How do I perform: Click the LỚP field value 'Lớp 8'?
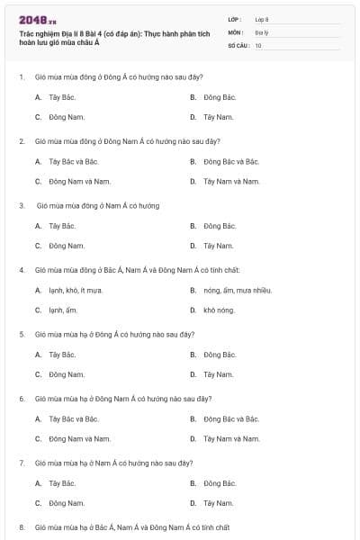tap(262, 19)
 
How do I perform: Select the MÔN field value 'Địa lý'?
tap(261, 31)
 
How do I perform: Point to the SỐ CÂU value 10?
tap(258, 44)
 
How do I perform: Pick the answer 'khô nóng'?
tap(219, 310)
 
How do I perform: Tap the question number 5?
tap(22, 334)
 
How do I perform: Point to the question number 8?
tap(22, 526)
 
